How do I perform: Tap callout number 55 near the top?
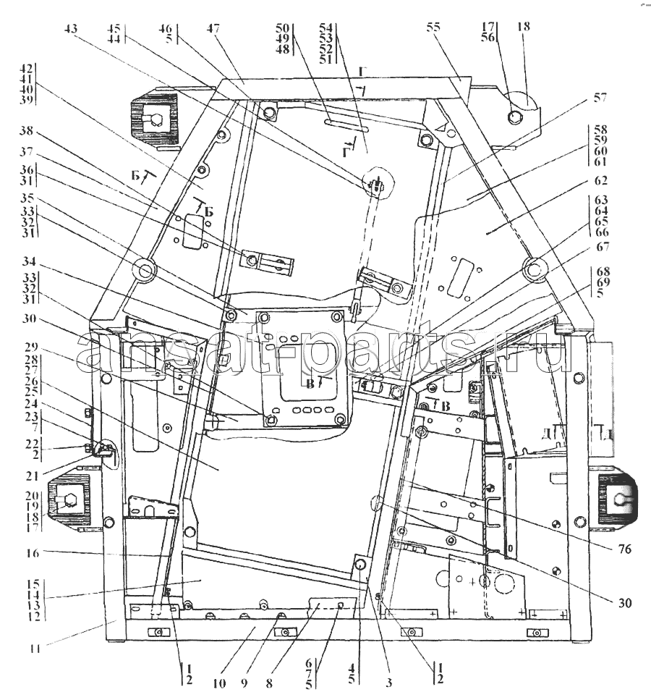pyautogui.click(x=433, y=28)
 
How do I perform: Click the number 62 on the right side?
pyautogui.click(x=600, y=180)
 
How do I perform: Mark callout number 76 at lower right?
pyautogui.click(x=625, y=549)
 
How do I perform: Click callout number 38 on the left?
pyautogui.click(x=26, y=132)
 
